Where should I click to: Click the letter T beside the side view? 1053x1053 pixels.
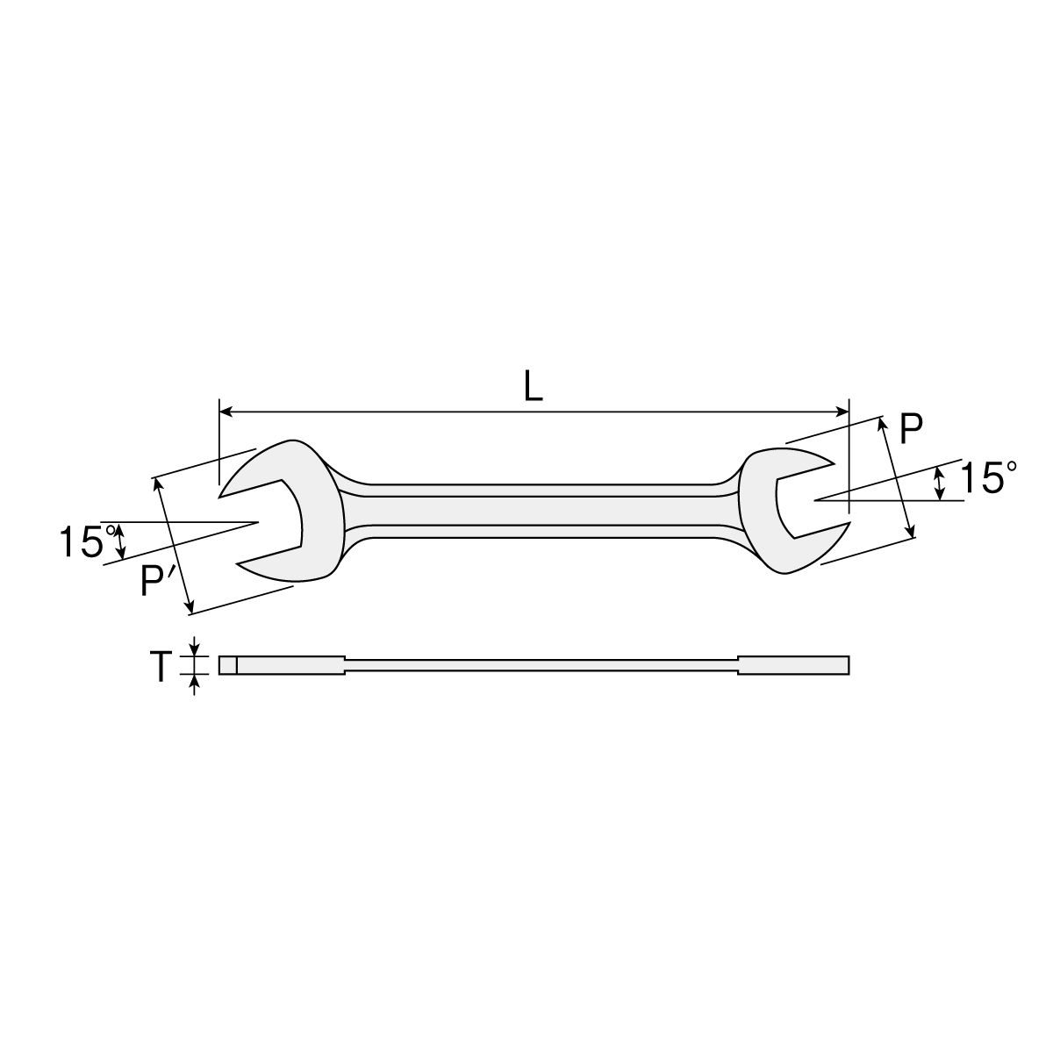pyautogui.click(x=160, y=667)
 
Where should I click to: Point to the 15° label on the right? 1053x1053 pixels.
pyautogui.click(x=986, y=478)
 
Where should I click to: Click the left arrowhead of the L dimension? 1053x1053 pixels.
pyautogui.click(x=225, y=411)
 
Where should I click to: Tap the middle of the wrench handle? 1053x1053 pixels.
pyautogui.click(x=535, y=509)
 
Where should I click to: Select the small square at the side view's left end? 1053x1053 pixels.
pyautogui.click(x=227, y=666)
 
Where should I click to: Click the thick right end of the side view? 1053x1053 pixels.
pyautogui.click(x=793, y=666)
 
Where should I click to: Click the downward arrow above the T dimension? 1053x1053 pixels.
pyautogui.click(x=195, y=648)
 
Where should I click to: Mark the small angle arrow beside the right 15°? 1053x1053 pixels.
pyautogui.click(x=940, y=484)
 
